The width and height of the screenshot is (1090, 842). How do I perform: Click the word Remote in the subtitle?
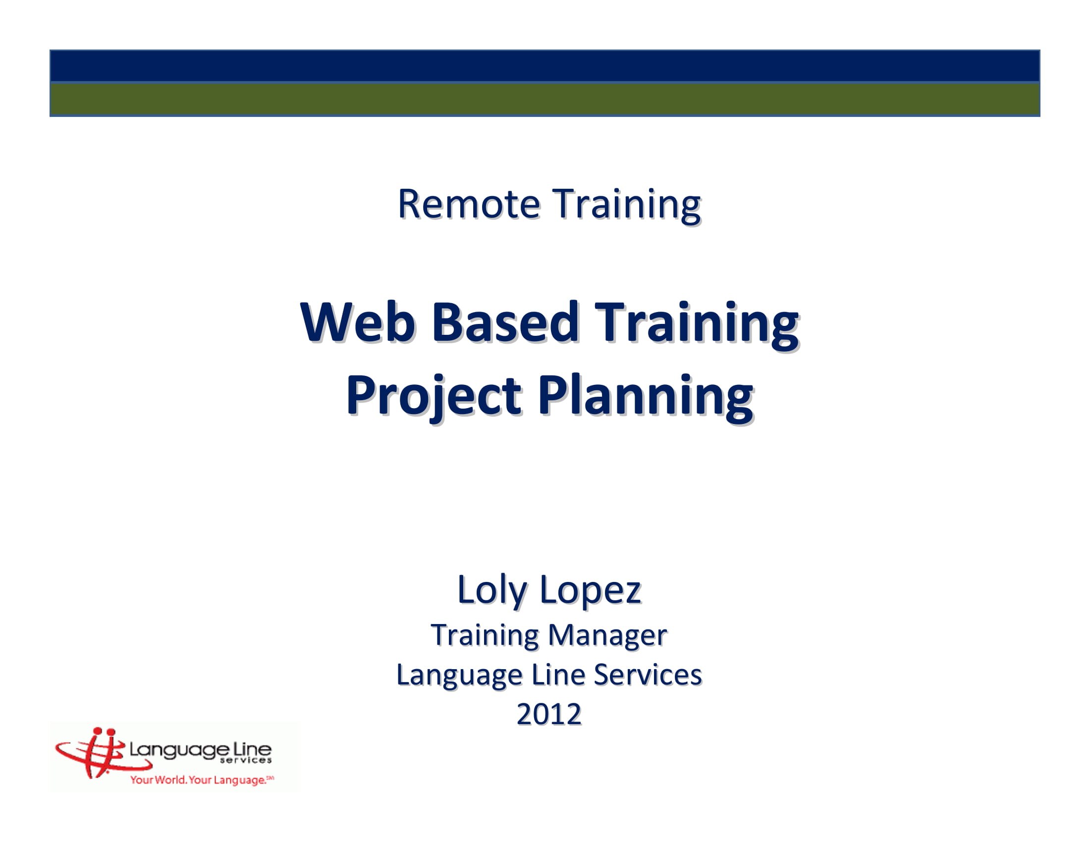point(468,204)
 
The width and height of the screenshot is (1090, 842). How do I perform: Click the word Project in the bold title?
point(433,396)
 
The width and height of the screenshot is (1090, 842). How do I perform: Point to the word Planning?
point(645,396)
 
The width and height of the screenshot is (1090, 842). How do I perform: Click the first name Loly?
point(491,590)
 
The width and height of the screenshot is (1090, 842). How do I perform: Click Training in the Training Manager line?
point(485,635)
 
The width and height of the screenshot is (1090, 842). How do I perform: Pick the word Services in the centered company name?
point(648,675)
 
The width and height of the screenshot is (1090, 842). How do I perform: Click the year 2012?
point(548,714)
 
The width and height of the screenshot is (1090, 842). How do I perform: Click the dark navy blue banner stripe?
point(545,66)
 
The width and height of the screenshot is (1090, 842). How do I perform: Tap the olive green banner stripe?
point(545,99)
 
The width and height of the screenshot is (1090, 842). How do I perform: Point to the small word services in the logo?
point(246,761)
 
